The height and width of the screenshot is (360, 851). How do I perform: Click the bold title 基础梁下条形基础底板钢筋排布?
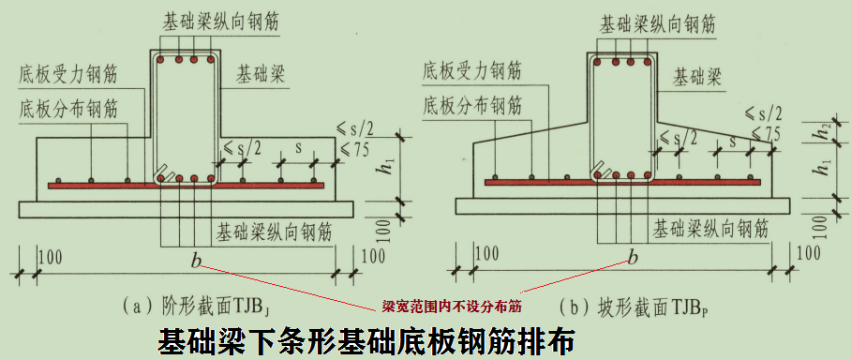(366, 339)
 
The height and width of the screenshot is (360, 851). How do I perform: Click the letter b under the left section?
(196, 259)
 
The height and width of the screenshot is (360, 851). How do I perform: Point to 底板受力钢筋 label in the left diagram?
(69, 73)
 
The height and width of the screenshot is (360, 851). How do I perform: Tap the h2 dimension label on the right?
(823, 131)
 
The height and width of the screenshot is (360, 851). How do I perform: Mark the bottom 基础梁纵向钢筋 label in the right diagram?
(711, 226)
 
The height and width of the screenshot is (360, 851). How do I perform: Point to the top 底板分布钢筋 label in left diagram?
(69, 109)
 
